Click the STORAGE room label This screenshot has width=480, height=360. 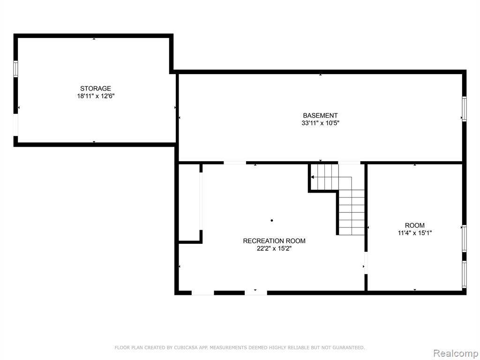(x=96, y=89)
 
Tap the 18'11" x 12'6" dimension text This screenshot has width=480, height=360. (x=96, y=96)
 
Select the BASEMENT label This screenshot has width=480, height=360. (x=320, y=115)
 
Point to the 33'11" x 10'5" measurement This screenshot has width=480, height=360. (x=320, y=123)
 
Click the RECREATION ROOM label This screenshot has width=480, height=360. (x=274, y=241)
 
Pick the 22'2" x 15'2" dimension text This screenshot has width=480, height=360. (x=274, y=248)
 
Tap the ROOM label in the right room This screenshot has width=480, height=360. (x=415, y=225)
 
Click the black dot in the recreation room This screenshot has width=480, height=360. (x=272, y=220)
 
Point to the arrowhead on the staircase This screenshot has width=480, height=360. (x=312, y=177)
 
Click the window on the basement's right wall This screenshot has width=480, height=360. (x=464, y=109)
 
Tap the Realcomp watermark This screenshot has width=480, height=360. (x=456, y=353)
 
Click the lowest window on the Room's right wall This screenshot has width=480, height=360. (x=464, y=274)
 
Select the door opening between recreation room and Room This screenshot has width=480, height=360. (x=366, y=262)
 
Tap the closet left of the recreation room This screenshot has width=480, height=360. (x=189, y=202)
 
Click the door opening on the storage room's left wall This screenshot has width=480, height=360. (x=15, y=125)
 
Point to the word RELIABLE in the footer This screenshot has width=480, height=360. (x=302, y=347)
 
